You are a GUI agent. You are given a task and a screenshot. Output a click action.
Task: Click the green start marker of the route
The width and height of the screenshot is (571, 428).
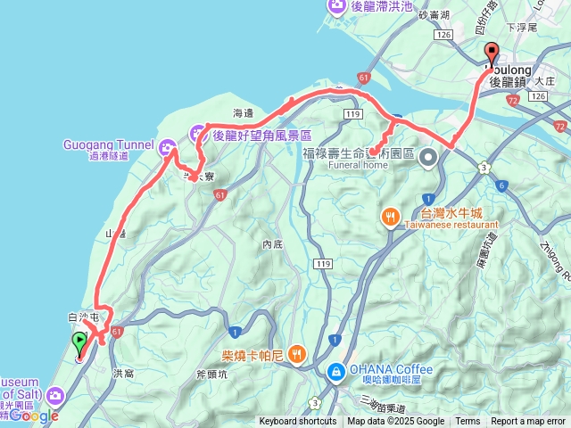(79, 341)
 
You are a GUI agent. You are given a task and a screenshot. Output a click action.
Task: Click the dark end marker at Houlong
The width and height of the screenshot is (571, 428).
(492, 52)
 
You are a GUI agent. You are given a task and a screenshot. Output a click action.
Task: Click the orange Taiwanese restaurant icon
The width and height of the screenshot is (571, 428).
(391, 218)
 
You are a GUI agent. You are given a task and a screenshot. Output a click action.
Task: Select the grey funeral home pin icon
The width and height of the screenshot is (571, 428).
(428, 159)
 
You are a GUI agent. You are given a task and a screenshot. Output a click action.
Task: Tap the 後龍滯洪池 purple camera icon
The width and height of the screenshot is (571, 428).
(337, 7)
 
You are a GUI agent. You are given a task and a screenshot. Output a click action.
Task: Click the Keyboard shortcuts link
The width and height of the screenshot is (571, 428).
(298, 422)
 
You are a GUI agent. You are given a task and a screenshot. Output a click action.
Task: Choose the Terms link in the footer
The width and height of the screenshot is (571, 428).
(468, 422)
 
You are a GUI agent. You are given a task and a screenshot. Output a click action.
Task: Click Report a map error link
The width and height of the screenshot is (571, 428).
(528, 422)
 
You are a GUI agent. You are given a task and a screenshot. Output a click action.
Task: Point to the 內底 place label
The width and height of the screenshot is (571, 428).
(272, 243)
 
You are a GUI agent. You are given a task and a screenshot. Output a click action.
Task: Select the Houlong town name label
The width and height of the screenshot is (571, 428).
(508, 69)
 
